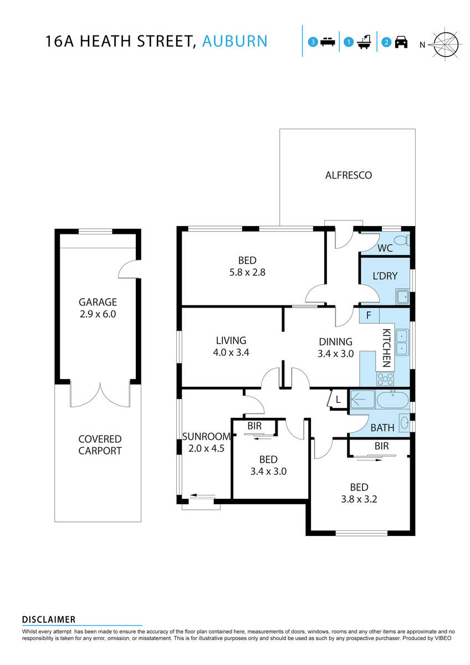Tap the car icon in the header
click(401, 42)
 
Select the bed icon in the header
click(327, 42)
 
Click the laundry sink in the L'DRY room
click(403, 297)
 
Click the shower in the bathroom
click(362, 399)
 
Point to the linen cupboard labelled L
click(338, 400)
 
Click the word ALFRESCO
click(348, 175)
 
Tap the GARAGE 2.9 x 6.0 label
click(98, 308)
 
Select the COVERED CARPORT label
click(100, 445)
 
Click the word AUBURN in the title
click(235, 41)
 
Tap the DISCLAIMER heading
click(49, 620)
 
